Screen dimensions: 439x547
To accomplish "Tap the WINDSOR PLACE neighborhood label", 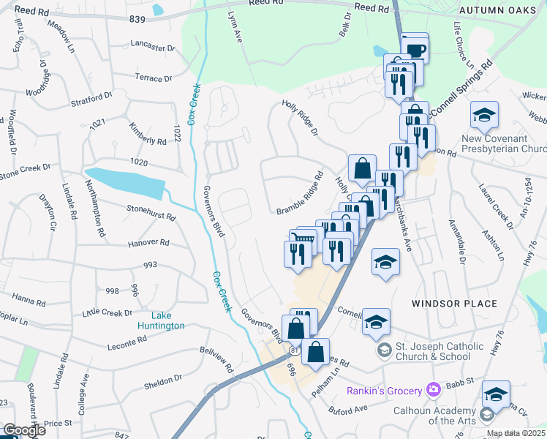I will (454, 303).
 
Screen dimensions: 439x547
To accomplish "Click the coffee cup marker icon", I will (415, 50).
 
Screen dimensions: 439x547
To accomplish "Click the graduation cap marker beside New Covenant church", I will (484, 115).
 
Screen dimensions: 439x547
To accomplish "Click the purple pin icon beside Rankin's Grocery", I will (434, 388).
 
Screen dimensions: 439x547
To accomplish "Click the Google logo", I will (23, 430).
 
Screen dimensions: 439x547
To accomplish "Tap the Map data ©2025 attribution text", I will (516, 433).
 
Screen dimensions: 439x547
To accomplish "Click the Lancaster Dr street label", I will (154, 45).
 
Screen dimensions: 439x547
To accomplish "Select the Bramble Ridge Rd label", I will (300, 194).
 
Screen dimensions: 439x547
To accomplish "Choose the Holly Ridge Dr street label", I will (301, 119).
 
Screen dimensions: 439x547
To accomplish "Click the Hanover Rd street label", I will (148, 242).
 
